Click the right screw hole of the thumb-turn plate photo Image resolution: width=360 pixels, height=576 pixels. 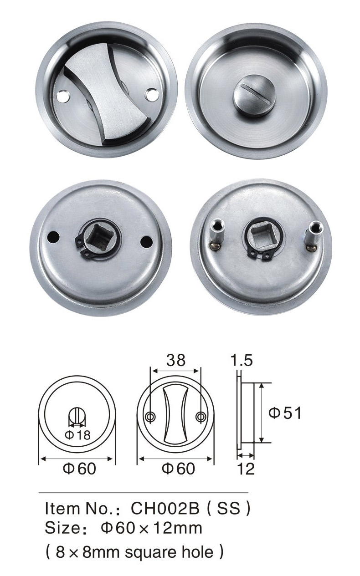[151, 95]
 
